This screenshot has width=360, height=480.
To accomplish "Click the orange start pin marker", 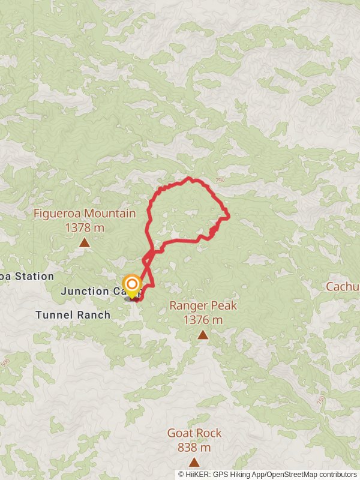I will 131,285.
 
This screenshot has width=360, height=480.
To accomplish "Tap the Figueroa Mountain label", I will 85,214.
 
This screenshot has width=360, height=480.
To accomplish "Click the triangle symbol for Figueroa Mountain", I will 85,242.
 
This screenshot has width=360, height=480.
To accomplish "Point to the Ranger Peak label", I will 203,305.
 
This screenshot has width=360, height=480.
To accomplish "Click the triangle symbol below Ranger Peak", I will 203,335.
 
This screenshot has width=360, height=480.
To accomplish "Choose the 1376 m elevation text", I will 203,320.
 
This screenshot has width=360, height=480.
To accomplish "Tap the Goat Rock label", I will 194,433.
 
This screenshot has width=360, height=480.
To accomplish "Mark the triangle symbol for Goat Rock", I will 194,462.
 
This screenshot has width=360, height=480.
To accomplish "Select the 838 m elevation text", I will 194,447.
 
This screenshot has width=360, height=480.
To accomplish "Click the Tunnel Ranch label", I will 73,314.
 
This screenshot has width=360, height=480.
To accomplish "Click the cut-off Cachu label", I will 343,287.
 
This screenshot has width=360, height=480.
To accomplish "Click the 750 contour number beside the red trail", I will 220,179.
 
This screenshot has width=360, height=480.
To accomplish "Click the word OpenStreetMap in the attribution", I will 290,474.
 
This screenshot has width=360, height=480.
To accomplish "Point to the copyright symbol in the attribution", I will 181,474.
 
